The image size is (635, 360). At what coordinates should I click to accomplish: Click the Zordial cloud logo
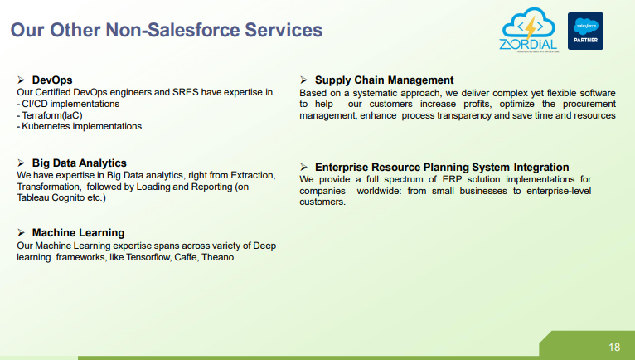point(529,30)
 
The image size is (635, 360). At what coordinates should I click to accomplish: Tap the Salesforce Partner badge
point(585,32)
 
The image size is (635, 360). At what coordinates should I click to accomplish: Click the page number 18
point(614,347)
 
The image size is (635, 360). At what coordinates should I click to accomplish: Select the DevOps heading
point(52,80)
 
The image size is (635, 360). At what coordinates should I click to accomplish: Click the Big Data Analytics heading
point(80,163)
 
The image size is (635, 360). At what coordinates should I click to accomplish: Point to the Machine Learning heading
point(78,233)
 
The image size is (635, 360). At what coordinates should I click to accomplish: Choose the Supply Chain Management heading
point(385,80)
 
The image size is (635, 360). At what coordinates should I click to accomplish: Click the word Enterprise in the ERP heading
point(342,167)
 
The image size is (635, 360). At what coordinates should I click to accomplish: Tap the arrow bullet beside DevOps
point(21,80)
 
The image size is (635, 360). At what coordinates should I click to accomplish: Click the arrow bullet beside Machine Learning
point(21,232)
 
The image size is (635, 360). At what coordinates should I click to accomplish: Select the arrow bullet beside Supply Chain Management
point(303,80)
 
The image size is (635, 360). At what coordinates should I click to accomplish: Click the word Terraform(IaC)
point(52,115)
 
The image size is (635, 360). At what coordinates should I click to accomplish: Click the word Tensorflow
point(148,257)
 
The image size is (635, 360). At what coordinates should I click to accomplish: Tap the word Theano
point(217,257)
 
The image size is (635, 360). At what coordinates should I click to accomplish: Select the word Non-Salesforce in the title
point(173,30)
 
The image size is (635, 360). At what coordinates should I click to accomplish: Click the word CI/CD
point(35,104)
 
